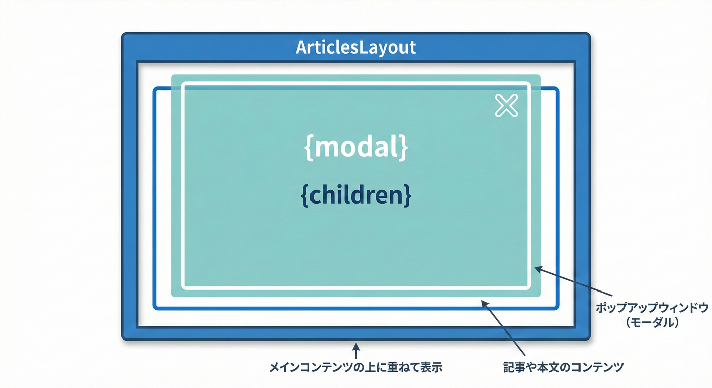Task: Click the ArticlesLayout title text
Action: (x=355, y=47)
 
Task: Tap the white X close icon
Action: (x=506, y=106)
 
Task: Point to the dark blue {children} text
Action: (x=356, y=196)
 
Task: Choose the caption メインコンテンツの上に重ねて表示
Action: (x=355, y=367)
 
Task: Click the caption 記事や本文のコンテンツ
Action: (x=563, y=367)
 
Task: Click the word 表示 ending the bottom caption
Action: (x=433, y=367)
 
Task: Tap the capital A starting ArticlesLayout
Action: (x=300, y=47)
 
